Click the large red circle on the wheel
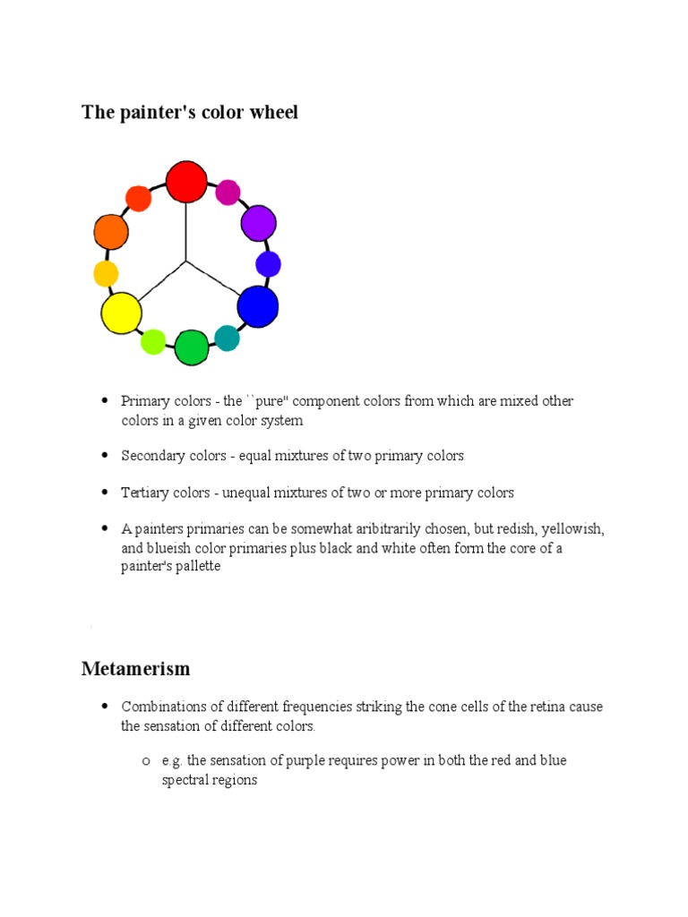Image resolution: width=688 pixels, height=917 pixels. coord(186,181)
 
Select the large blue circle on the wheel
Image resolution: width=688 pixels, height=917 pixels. coord(258,306)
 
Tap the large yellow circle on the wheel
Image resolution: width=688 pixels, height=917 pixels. coord(121,313)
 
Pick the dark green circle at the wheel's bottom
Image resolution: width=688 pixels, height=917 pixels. coord(191,347)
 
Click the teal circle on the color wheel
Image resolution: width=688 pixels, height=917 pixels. coord(227,339)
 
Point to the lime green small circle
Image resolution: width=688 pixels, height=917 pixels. coord(153,341)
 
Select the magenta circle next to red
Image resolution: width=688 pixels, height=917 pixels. coord(228,192)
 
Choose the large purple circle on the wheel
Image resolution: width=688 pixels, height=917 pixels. coord(258,223)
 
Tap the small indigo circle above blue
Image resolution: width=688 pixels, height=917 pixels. coord(268,264)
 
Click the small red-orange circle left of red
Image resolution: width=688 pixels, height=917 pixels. coord(138,198)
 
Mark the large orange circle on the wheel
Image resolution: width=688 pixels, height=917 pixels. coord(111,232)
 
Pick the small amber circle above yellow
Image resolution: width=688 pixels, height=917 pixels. coord(106,273)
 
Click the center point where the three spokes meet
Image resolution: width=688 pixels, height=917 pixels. coord(186,261)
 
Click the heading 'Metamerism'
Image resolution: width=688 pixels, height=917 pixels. coord(135,669)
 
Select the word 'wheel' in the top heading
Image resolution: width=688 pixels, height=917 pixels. coord(275,113)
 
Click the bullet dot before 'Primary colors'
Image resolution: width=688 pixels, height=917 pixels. coord(104,400)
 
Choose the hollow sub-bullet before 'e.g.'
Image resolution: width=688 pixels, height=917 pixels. coord(144,760)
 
